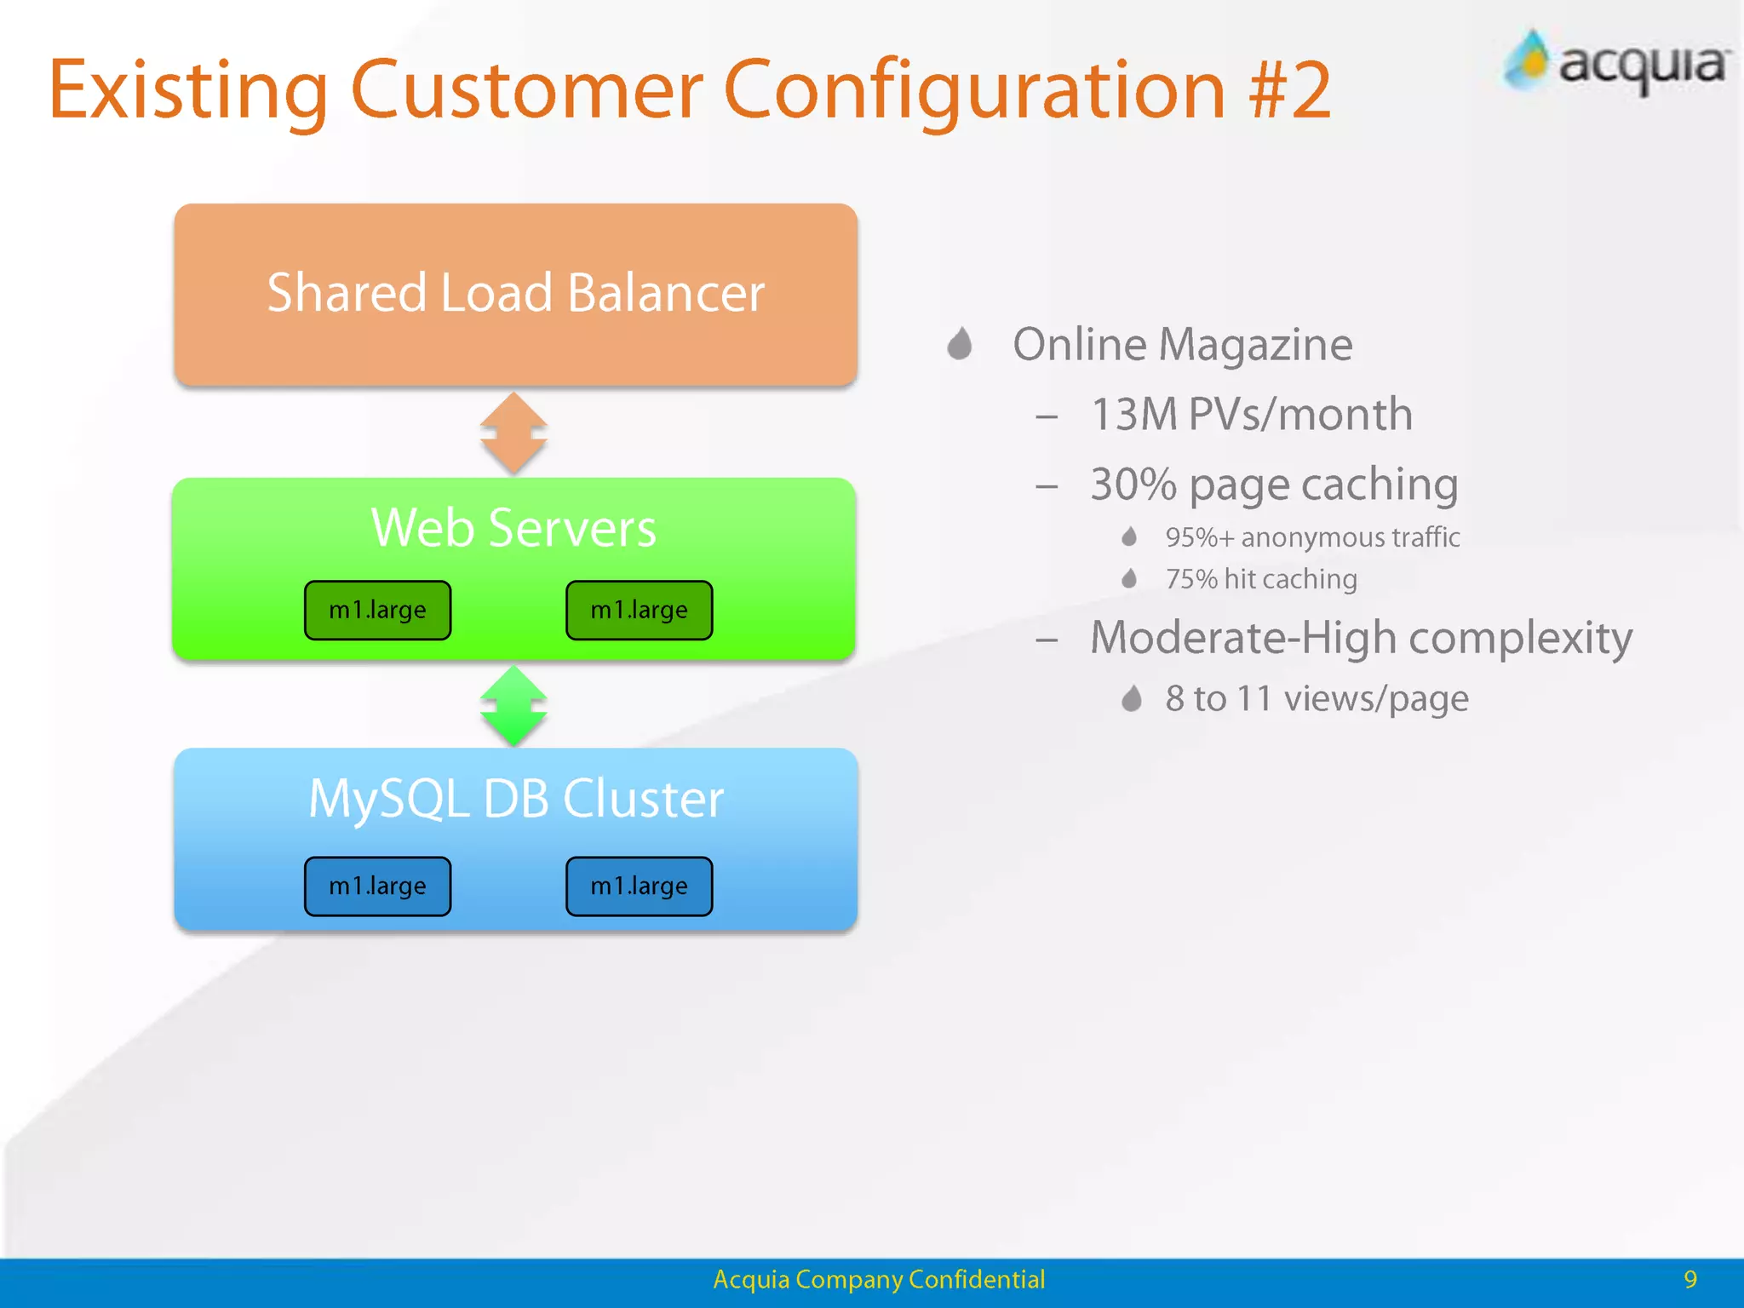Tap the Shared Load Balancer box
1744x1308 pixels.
[x=515, y=294]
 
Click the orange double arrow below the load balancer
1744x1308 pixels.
[x=513, y=433]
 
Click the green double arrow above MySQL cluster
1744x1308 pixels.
[x=513, y=706]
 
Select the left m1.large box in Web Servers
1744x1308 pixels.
[x=377, y=610]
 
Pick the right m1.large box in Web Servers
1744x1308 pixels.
[x=639, y=610]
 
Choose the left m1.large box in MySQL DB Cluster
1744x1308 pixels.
[x=377, y=886]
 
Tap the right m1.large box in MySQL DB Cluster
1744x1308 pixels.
[x=639, y=886]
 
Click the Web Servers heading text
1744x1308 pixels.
[x=513, y=528]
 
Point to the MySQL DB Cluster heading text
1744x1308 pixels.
[x=516, y=799]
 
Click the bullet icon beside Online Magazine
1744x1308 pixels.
[x=960, y=344]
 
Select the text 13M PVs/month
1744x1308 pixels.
[x=1251, y=415]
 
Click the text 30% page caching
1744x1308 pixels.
[x=1274, y=485]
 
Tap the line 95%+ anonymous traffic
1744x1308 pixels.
[x=1311, y=537]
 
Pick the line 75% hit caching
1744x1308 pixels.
[x=1260, y=579]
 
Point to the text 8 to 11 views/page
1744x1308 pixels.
[x=1317, y=698]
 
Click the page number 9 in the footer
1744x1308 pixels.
[x=1690, y=1279]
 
